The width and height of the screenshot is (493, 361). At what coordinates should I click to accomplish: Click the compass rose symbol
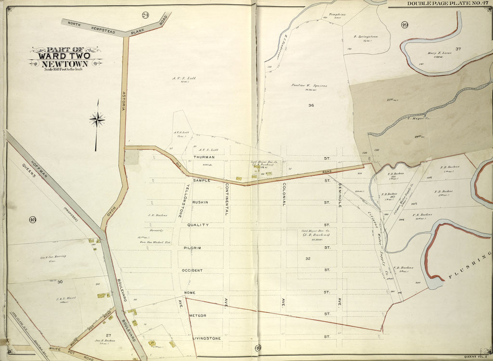pos(97,119)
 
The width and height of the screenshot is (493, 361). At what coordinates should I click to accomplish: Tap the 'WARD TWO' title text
pos(65,56)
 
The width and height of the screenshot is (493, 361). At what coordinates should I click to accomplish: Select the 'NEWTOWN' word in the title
pos(65,64)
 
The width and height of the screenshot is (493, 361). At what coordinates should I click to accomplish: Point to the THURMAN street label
pos(204,157)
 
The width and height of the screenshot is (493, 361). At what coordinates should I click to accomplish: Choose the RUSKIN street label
pos(201,202)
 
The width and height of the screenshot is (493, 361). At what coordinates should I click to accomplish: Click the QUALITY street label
pos(198,225)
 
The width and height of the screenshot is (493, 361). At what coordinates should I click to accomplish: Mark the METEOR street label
pos(197,315)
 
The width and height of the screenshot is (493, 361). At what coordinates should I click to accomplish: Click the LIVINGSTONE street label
pos(207,338)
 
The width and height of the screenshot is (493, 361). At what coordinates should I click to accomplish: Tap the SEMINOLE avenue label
pos(339,194)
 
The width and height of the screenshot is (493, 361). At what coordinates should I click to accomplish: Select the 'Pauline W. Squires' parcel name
pos(309,86)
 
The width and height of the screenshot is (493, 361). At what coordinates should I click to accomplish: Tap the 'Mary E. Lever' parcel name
pos(439,53)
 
